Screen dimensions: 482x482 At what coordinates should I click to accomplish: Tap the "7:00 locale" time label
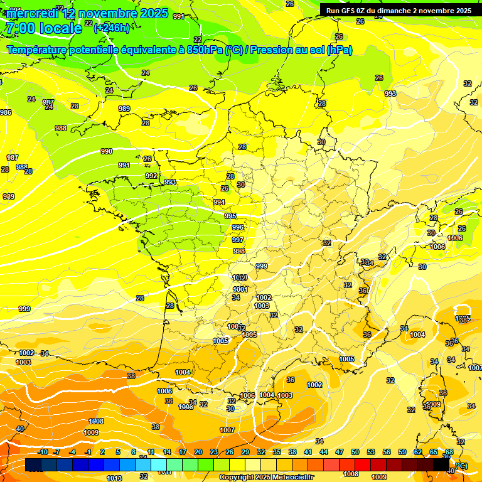click(x=43, y=28)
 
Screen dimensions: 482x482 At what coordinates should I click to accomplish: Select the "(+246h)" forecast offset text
click(x=112, y=28)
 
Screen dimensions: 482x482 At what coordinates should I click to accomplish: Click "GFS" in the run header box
click(x=351, y=11)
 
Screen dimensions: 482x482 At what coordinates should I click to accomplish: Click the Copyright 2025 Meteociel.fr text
click(x=266, y=478)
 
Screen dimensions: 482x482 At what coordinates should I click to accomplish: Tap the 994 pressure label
click(x=219, y=202)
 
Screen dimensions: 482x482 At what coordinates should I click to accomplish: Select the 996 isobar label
click(x=238, y=227)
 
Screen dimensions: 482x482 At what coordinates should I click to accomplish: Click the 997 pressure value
click(x=238, y=240)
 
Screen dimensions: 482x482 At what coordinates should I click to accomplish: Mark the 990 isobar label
click(x=107, y=151)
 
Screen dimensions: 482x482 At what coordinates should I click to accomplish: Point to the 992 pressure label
click(x=151, y=176)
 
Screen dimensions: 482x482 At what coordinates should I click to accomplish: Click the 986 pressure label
click(x=6, y=112)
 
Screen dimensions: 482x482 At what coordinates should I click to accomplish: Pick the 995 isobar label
click(x=230, y=215)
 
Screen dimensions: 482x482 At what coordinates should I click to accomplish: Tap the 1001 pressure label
click(x=241, y=289)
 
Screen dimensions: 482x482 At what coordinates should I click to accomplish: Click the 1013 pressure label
click(x=115, y=478)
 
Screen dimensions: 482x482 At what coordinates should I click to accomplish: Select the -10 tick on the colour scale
click(x=43, y=452)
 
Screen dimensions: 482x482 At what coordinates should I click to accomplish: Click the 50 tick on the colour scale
click(x=355, y=452)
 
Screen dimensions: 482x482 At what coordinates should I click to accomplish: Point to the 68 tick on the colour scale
click(x=449, y=452)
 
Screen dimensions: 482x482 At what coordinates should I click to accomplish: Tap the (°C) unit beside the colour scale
click(x=461, y=466)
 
